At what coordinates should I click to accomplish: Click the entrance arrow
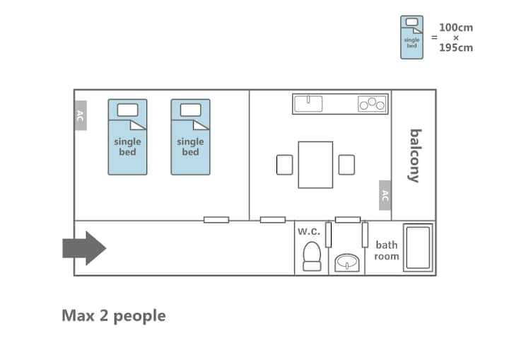[x=84, y=248]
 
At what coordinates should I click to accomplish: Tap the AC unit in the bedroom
[x=81, y=115]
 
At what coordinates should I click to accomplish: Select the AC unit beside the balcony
[x=385, y=195]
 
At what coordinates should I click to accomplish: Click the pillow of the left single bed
[x=127, y=110]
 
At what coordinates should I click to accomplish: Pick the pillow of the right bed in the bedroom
[x=191, y=110]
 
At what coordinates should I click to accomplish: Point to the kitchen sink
[x=308, y=104]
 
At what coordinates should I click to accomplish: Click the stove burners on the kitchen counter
[x=372, y=104]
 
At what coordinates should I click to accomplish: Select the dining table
[x=315, y=165]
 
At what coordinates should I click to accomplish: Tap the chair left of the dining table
[x=285, y=165]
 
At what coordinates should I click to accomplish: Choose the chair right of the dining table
[x=346, y=165]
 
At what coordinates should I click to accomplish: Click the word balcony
[x=415, y=156]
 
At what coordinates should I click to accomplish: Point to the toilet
[x=312, y=256]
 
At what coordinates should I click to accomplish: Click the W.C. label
[x=309, y=231]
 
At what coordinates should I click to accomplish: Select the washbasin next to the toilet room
[x=347, y=263]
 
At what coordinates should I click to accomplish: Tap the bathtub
[x=418, y=248]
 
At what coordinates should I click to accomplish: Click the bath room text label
[x=387, y=250]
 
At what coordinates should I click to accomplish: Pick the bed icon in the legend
[x=411, y=37]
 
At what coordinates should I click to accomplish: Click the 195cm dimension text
[x=456, y=48]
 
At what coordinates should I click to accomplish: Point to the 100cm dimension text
[x=456, y=28]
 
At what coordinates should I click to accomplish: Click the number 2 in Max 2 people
[x=103, y=315]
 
